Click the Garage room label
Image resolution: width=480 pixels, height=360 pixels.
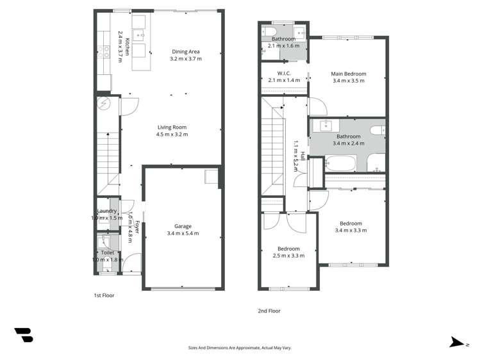click(x=183, y=226)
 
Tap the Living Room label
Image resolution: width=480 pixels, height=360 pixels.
click(x=172, y=127)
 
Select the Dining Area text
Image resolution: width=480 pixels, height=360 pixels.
click(x=186, y=51)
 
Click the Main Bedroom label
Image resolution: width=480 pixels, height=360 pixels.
click(x=348, y=73)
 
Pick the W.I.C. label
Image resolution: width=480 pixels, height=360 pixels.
click(x=285, y=73)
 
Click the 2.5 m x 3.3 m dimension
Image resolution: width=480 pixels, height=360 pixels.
click(x=288, y=256)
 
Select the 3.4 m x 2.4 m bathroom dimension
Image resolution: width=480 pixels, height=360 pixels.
click(x=349, y=143)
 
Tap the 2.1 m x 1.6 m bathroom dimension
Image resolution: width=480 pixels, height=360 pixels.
click(x=284, y=46)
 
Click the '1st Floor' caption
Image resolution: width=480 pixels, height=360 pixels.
click(x=104, y=296)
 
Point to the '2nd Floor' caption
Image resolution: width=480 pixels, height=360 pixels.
click(x=269, y=311)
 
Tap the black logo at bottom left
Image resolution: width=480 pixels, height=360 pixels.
click(x=23, y=334)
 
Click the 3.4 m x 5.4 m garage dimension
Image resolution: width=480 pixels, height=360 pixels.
click(x=183, y=233)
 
